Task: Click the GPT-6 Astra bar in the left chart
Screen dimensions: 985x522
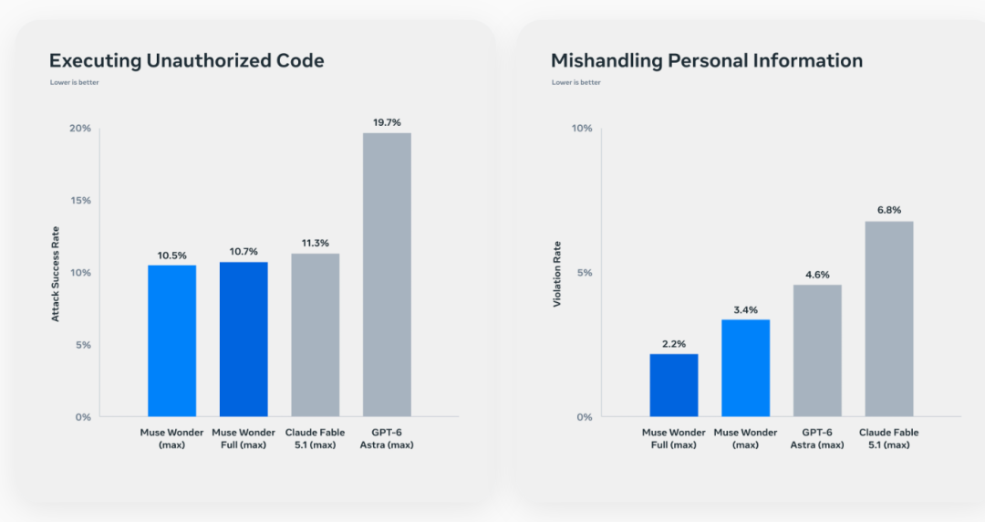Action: click(387, 275)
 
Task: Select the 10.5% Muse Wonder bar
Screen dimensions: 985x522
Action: click(172, 341)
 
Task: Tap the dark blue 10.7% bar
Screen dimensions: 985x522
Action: click(244, 339)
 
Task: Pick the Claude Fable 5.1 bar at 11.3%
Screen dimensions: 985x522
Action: click(316, 335)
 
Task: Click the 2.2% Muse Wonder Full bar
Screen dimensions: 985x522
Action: click(674, 385)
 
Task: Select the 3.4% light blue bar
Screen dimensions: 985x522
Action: click(746, 369)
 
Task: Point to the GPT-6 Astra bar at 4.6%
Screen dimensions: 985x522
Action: click(817, 351)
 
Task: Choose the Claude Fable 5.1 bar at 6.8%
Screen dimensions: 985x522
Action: click(889, 318)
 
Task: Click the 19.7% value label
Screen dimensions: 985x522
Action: click(387, 122)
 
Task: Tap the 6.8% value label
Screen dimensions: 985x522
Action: click(889, 210)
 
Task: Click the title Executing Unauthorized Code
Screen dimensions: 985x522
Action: click(187, 60)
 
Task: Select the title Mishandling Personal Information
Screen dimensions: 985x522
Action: click(707, 60)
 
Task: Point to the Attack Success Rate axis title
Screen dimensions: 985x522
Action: click(56, 274)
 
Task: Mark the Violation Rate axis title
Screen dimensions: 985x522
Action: click(557, 274)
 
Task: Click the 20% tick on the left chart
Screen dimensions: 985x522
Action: click(80, 129)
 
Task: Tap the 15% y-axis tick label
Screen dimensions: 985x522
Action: click(80, 201)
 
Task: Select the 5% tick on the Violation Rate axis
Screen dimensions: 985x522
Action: click(585, 273)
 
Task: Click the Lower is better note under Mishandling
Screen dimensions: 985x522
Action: click(576, 82)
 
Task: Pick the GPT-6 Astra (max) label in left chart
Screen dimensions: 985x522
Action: click(387, 439)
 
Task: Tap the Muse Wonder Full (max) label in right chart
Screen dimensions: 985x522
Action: click(674, 439)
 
